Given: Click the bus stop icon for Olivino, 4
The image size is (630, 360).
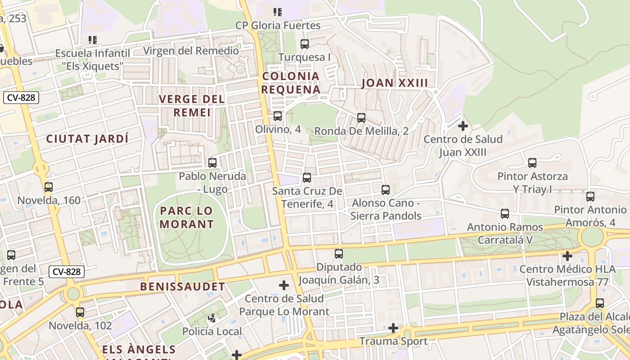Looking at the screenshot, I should pos(278,116).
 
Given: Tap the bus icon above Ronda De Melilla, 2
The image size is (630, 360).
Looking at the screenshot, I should pos(361,118).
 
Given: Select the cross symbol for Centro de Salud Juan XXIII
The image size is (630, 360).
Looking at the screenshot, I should pos(463,126).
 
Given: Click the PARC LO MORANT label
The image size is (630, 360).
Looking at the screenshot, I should pos(187,217).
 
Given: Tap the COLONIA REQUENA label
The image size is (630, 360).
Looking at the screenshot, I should pos(291,83).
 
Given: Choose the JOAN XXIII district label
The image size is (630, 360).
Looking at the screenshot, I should pos(395,83).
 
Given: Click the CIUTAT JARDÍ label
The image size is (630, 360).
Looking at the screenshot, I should pos(87,139).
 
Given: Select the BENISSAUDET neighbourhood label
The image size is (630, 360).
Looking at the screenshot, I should pos(182,287).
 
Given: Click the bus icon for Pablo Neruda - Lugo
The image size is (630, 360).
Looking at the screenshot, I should pos(212,162).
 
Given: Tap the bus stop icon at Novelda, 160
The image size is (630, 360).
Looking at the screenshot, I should pos(49,187).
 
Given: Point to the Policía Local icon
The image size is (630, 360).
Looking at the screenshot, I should pos(212,319).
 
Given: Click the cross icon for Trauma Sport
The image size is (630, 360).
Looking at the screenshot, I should pos(393,328).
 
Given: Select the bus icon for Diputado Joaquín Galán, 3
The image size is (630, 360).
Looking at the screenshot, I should pos(339,254).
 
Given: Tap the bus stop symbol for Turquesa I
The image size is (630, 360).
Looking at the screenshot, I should pos(305,44).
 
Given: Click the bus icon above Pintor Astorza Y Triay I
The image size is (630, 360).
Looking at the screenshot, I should pos(532,163).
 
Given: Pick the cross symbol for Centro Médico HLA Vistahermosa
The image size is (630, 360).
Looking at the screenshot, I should pos(567,256).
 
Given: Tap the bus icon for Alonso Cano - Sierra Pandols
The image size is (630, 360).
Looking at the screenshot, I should pos(386,190).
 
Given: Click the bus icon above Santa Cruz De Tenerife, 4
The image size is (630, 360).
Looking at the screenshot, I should pos(307,178).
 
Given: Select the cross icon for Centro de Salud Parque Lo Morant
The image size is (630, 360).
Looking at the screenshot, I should pos(283,285).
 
